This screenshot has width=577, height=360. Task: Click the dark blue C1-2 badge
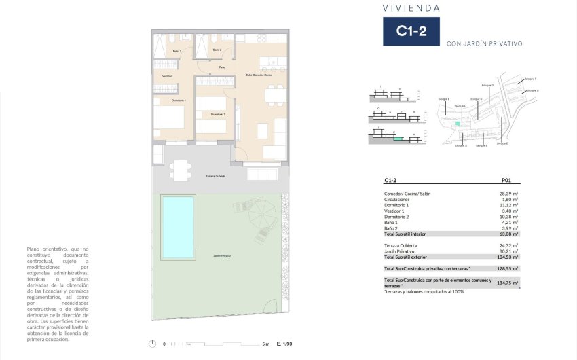[411, 31]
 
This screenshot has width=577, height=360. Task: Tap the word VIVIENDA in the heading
[411, 8]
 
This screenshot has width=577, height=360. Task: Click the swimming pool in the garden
[177, 228]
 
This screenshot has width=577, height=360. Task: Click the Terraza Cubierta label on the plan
[215, 176]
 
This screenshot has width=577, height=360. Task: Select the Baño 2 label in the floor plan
[217, 50]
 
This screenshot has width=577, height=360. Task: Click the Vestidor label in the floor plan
[167, 76]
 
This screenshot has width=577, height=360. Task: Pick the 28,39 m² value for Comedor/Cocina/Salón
[508, 194]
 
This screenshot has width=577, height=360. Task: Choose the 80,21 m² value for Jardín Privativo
[508, 251]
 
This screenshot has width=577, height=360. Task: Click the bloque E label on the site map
[502, 143]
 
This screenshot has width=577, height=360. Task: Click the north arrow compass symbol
[154, 343]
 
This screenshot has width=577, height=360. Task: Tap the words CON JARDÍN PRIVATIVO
[484, 43]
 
